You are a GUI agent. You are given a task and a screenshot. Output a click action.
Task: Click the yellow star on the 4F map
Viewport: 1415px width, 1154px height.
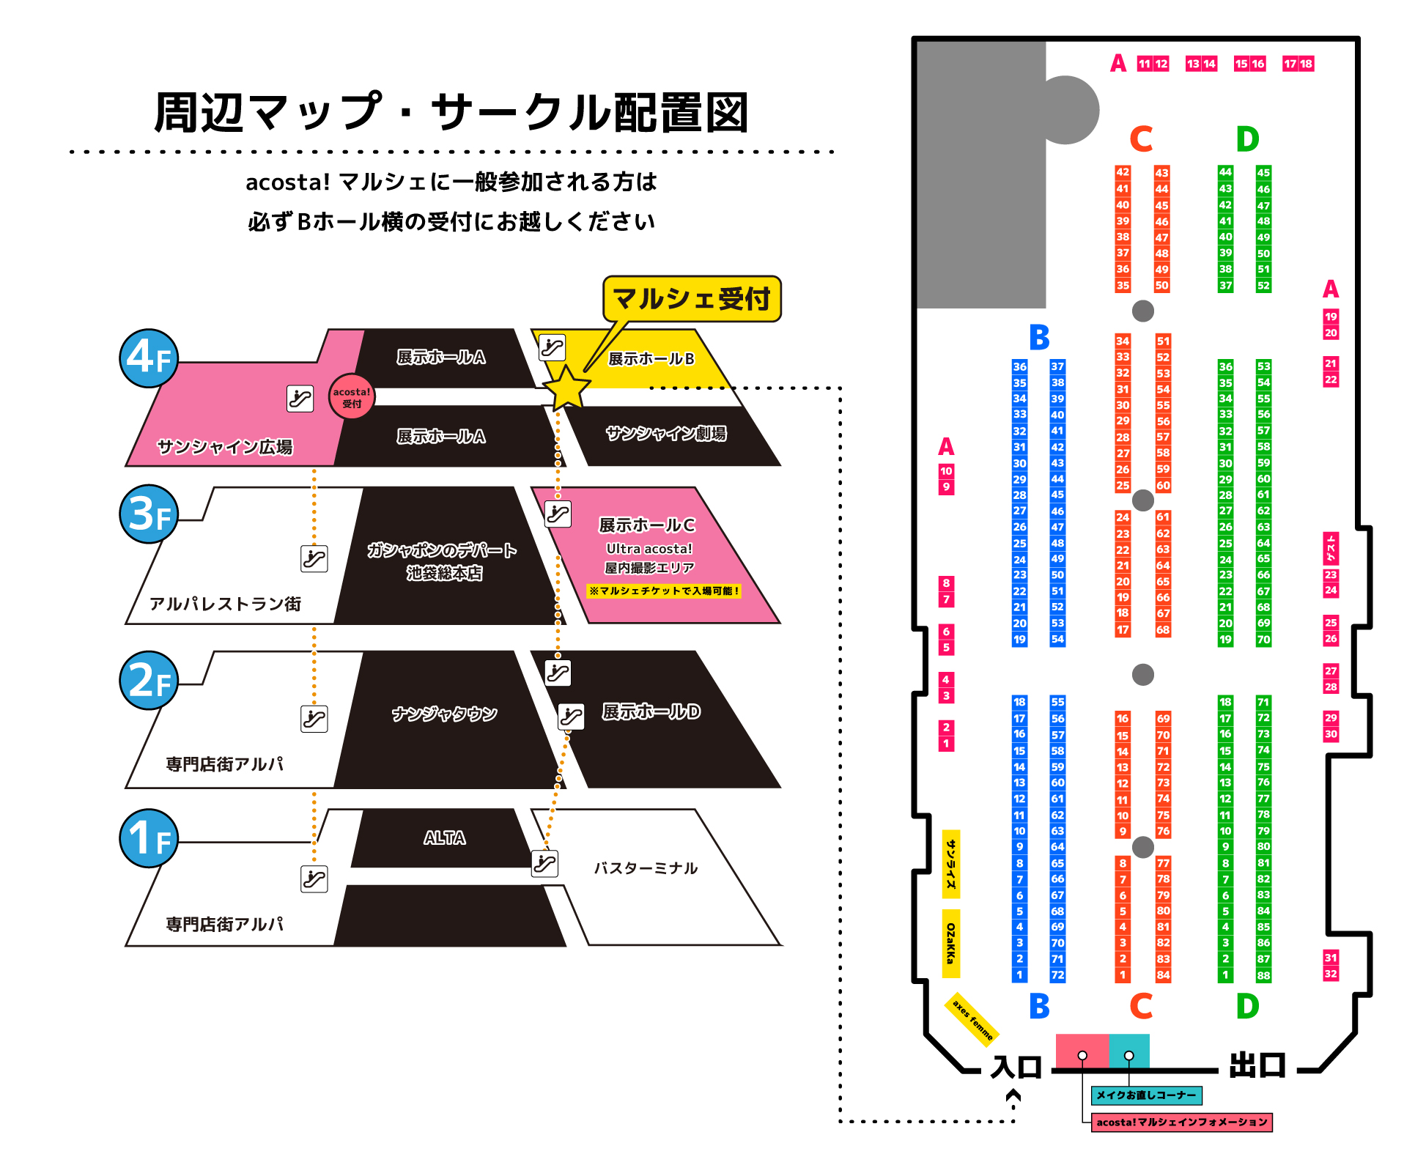click(566, 389)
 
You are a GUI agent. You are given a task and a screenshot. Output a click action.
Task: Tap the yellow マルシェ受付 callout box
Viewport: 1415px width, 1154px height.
click(692, 299)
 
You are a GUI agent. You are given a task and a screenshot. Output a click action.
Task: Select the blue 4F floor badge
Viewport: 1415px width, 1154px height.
click(149, 358)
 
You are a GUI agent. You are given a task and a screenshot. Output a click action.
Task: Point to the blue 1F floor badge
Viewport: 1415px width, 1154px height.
click(149, 838)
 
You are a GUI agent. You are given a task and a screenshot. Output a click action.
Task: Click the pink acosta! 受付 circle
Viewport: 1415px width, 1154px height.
click(352, 396)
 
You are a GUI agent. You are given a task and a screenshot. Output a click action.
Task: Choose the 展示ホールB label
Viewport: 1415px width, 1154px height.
click(651, 358)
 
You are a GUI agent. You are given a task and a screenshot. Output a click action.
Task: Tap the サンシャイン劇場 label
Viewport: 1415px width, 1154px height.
click(666, 434)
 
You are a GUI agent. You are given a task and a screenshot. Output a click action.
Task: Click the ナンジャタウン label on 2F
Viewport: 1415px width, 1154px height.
click(444, 714)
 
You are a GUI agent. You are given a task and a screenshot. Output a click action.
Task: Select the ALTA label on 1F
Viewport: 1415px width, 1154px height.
click(444, 837)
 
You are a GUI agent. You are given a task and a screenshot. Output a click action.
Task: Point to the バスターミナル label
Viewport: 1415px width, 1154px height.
click(646, 868)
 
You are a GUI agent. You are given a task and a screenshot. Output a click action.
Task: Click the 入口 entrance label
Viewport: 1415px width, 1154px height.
click(1016, 1067)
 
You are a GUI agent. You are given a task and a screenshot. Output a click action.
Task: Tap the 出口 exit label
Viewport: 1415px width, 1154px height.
click(1257, 1065)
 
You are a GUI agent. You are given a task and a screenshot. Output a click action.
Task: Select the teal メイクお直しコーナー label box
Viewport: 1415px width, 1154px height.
click(1146, 1095)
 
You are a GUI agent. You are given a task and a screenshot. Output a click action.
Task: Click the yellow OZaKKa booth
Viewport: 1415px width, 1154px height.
click(950, 944)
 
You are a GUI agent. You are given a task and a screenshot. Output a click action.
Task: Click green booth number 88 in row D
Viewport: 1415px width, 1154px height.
click(1263, 975)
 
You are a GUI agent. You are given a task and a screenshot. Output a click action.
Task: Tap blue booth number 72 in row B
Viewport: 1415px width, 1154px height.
click(1057, 975)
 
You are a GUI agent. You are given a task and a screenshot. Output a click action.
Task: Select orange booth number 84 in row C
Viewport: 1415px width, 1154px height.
click(1163, 975)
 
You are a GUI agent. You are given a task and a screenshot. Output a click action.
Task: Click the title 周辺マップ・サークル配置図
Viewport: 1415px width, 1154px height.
click(451, 112)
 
